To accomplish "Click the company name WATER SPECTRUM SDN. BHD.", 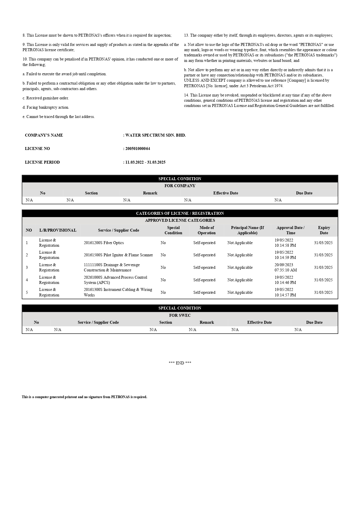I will [x=155, y=135].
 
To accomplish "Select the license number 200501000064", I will [x=138, y=148].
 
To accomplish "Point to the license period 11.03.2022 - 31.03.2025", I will [x=145, y=162].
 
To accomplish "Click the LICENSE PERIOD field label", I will [x=42, y=162].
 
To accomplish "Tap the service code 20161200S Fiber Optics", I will [x=104, y=243].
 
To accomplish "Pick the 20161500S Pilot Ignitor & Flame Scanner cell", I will [x=118, y=255].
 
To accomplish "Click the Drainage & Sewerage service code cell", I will [x=112, y=267].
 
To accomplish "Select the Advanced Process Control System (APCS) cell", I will [x=115, y=280].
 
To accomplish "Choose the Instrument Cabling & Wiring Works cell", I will [x=118, y=292].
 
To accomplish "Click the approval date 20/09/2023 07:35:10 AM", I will [x=286, y=267].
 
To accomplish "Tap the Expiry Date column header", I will [x=324, y=230].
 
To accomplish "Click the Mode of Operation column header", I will [x=206, y=230].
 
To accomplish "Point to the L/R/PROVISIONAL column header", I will [x=58, y=230].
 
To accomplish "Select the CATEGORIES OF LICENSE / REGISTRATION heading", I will [x=180, y=213].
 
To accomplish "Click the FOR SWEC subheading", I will [x=180, y=315].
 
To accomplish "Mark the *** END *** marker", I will [x=180, y=363].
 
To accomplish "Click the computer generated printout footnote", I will [x=84, y=397].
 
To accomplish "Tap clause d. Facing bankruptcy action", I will [x=46, y=107].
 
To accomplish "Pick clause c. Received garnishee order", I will [x=46, y=98].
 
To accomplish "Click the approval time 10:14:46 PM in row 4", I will [x=285, y=282].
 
